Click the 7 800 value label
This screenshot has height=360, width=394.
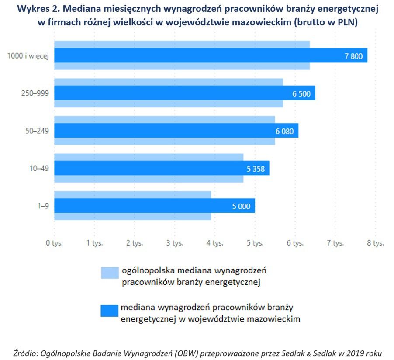pyautogui.click(x=353, y=56)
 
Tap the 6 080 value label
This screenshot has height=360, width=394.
pyautogui.click(x=284, y=131)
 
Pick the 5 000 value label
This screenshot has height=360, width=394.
pyautogui.click(x=241, y=206)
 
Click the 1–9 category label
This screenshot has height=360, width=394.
pyautogui.click(x=42, y=206)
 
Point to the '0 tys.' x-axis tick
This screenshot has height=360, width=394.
pyautogui.click(x=54, y=243)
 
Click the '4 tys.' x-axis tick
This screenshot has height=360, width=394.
pyautogui.click(x=214, y=243)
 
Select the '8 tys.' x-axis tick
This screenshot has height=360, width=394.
pyautogui.click(x=375, y=243)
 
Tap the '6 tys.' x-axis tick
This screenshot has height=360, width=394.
pyautogui.click(x=295, y=243)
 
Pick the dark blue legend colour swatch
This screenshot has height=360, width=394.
pyautogui.click(x=110, y=311)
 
